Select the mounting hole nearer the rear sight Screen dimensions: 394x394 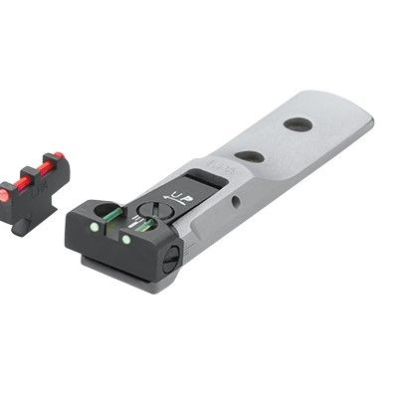click(251, 156)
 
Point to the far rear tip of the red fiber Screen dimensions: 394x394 click(59, 156)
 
